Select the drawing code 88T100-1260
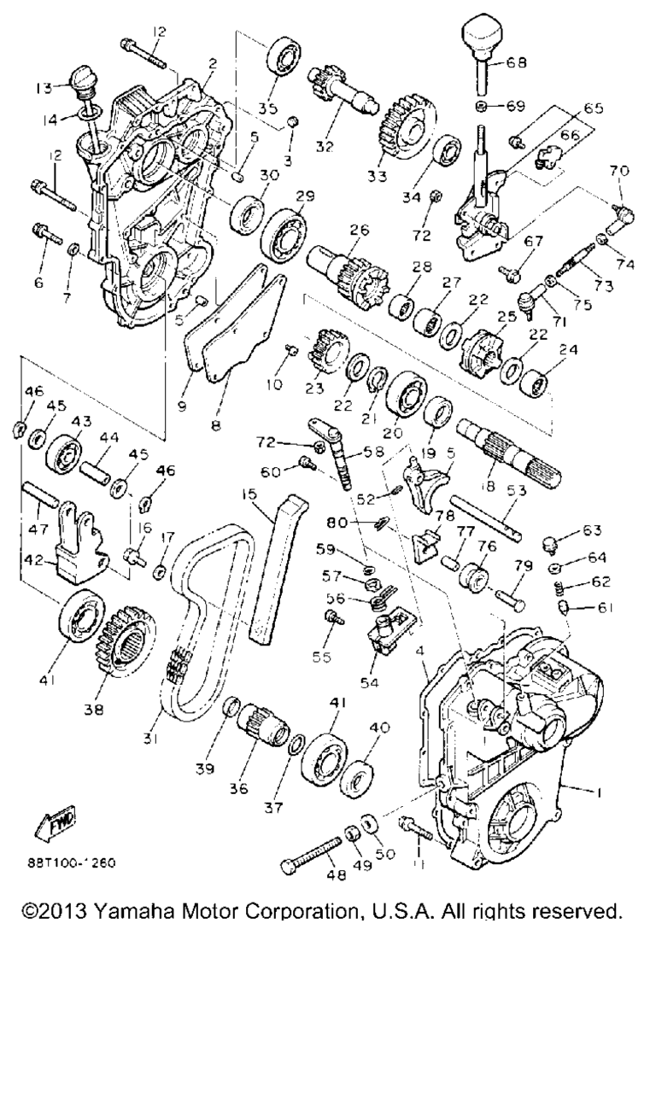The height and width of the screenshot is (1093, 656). tap(71, 863)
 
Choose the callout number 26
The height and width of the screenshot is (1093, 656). tap(360, 230)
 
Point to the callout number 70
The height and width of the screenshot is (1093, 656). tap(619, 171)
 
